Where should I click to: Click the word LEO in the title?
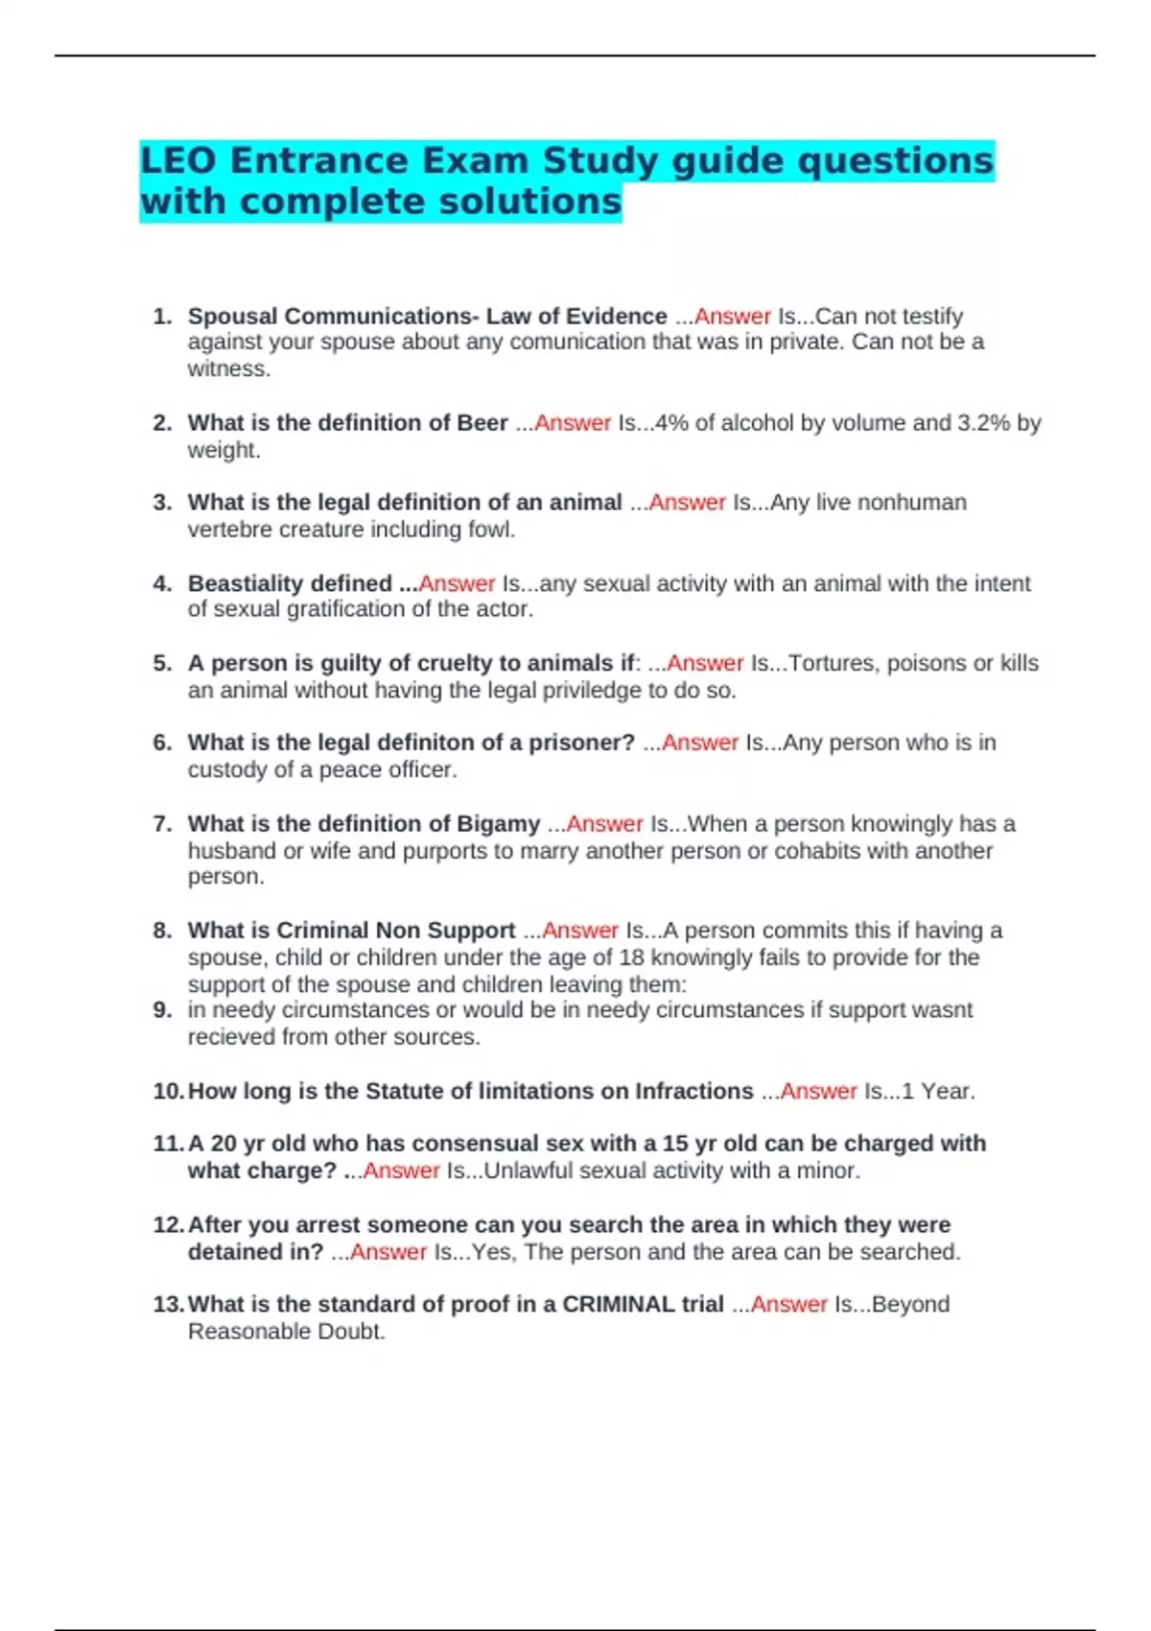[x=178, y=160]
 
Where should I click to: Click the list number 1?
[x=162, y=317]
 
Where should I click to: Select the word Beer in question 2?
[x=482, y=423]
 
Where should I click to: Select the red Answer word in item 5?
[x=705, y=663]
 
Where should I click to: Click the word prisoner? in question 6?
[x=580, y=743]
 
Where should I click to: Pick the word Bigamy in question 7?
[x=498, y=824]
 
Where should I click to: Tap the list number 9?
[x=162, y=1010]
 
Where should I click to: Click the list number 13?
[x=168, y=1305]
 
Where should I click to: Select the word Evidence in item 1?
[x=616, y=317]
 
